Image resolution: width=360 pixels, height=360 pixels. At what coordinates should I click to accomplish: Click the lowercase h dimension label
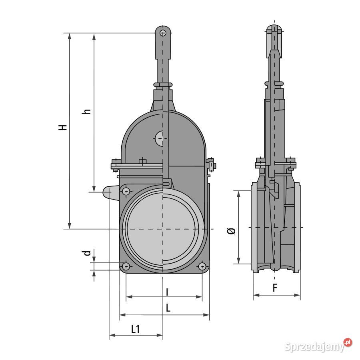86,111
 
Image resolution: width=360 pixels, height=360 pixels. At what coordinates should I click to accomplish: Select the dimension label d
86,253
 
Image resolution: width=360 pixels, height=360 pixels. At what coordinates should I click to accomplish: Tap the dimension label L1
136,329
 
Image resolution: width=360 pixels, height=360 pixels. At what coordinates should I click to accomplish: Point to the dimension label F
275,288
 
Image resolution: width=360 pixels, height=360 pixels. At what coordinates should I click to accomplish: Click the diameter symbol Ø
232,231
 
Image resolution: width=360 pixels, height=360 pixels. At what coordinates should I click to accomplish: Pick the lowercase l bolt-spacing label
167,292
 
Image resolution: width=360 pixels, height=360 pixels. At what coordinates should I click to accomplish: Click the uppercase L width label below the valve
168,308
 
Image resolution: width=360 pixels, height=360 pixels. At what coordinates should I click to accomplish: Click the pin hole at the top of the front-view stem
163,33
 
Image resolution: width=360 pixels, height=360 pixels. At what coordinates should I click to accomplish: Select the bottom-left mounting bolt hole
126,266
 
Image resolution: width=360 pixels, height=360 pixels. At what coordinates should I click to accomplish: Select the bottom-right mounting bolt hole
202,266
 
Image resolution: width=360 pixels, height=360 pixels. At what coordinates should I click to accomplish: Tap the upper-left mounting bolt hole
126,191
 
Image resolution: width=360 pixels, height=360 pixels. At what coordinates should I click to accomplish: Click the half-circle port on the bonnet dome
159,138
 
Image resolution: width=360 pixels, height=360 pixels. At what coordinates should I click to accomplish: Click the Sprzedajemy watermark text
314,346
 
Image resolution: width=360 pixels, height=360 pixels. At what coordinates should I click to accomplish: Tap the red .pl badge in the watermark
348,342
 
